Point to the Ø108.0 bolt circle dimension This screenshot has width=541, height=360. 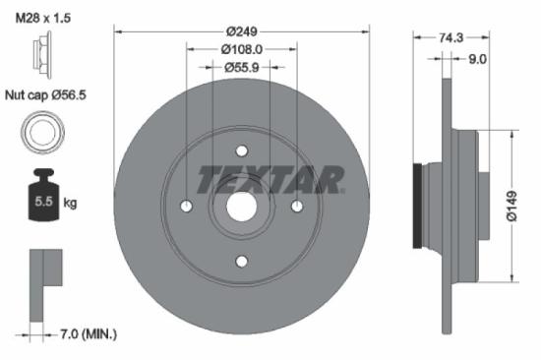(x=242, y=49)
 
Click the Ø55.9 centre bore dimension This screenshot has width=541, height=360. (x=242, y=67)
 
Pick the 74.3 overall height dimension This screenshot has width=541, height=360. (x=450, y=37)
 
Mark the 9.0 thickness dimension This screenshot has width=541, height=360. (x=476, y=59)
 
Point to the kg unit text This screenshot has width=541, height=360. (x=71, y=204)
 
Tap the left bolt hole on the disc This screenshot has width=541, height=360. (x=187, y=206)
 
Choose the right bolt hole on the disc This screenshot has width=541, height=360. (x=297, y=206)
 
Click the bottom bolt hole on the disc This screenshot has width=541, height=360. (x=242, y=261)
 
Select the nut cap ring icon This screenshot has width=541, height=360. (x=40, y=131)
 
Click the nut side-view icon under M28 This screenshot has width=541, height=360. (x=40, y=48)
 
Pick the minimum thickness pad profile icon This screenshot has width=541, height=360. (x=43, y=280)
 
